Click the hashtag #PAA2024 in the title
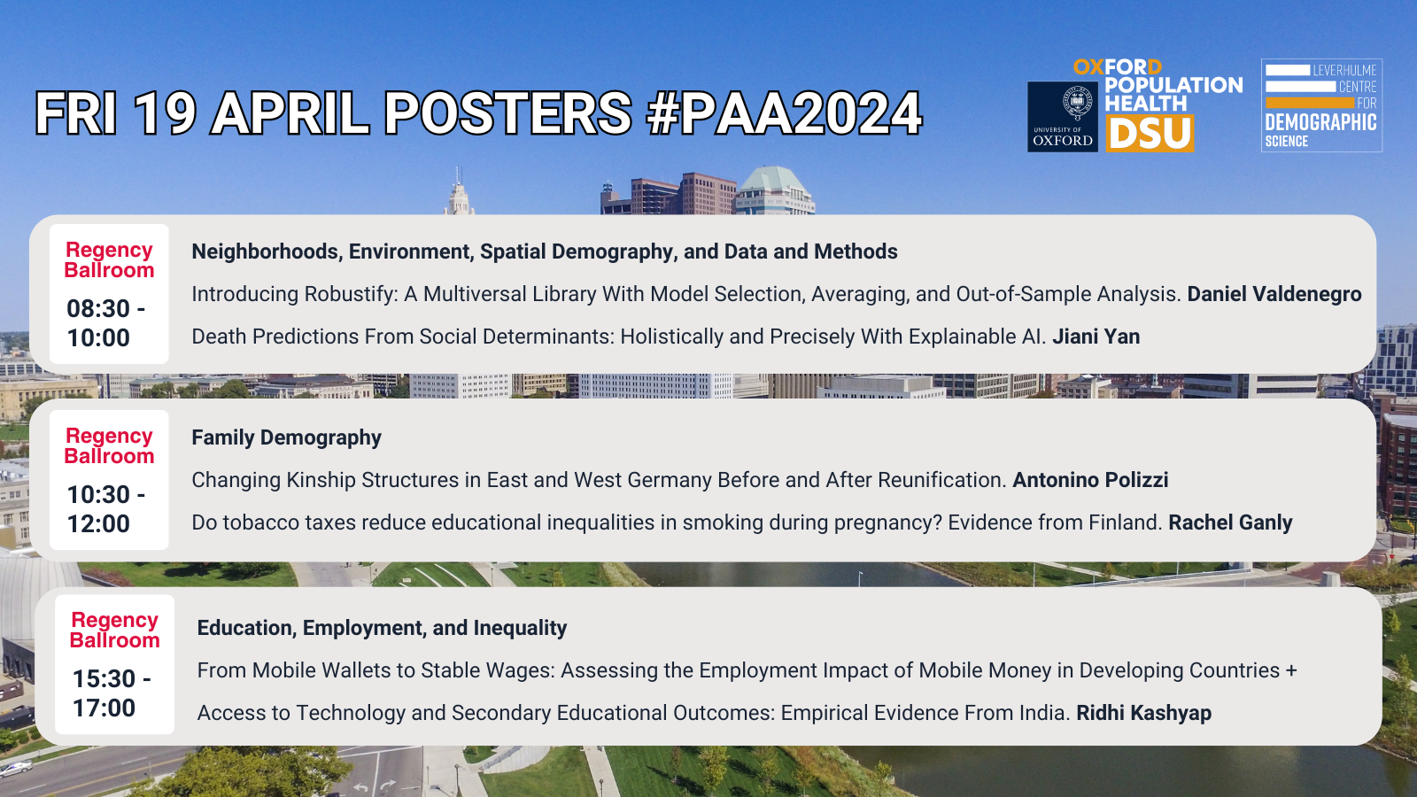(x=785, y=114)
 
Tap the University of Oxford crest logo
(x=1063, y=116)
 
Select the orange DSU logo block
(x=1150, y=134)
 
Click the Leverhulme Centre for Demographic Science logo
(x=1321, y=105)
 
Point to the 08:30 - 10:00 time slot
(x=105, y=323)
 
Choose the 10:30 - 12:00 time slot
(x=105, y=509)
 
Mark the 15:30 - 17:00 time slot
(x=111, y=693)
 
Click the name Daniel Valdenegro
(x=1274, y=294)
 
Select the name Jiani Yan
(x=1096, y=337)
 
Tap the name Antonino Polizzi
(x=1090, y=480)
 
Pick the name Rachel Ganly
(x=1230, y=522)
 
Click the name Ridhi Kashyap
(x=1143, y=713)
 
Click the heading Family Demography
(x=286, y=437)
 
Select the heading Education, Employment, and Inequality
(x=382, y=628)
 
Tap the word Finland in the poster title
(x=1125, y=522)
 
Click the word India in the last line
(x=1044, y=713)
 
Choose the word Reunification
(x=942, y=480)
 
